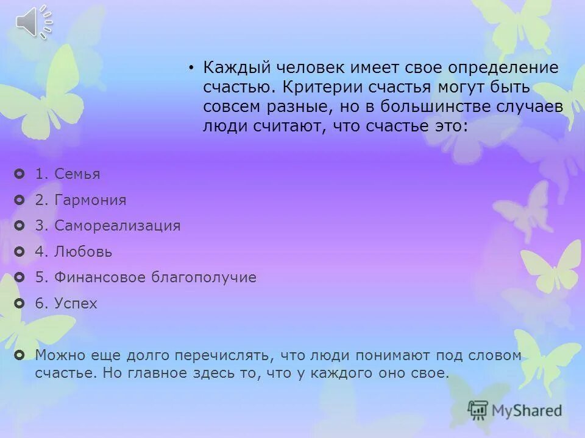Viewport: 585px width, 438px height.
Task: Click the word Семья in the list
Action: pyautogui.click(x=77, y=175)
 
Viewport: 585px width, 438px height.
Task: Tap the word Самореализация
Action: pyautogui.click(x=117, y=226)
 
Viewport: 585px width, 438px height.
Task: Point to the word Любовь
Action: pyautogui.click(x=83, y=252)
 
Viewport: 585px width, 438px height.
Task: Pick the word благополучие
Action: pyautogui.click(x=204, y=278)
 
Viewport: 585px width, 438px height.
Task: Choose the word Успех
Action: pyautogui.click(x=76, y=304)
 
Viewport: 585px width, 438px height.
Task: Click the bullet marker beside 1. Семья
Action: pyautogui.click(x=19, y=175)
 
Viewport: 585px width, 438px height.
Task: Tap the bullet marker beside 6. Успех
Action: pyautogui.click(x=19, y=304)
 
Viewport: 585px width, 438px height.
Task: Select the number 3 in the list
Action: pyautogui.click(x=40, y=226)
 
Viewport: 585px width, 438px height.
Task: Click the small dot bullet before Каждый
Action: pyautogui.click(x=191, y=67)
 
